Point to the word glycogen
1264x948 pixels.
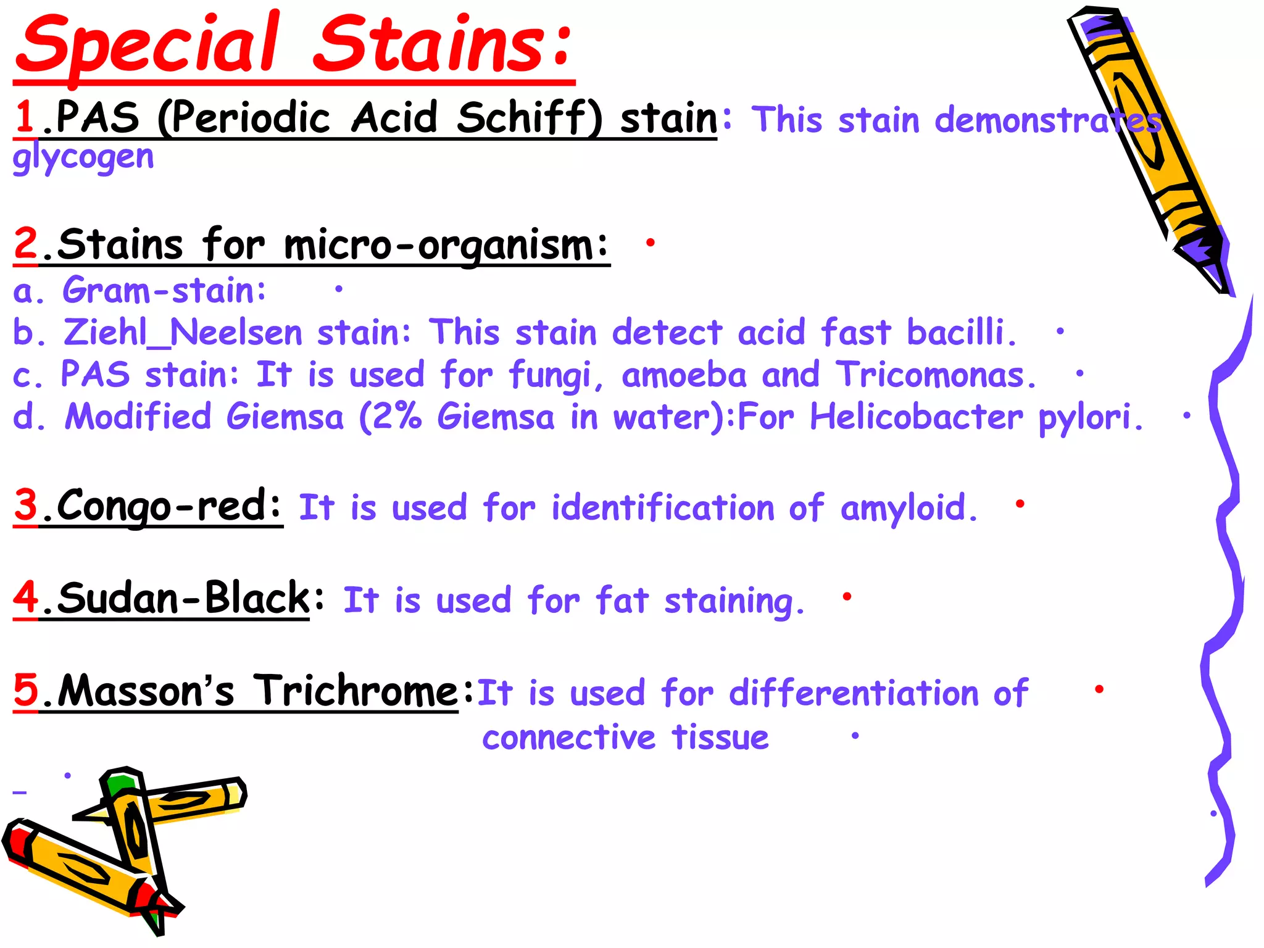coord(83,157)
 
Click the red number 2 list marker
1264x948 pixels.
coord(26,244)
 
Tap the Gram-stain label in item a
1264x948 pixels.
coord(164,290)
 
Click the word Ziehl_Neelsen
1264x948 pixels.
coord(183,333)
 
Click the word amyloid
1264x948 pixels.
coord(908,509)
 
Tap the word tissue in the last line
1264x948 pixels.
coord(720,737)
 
